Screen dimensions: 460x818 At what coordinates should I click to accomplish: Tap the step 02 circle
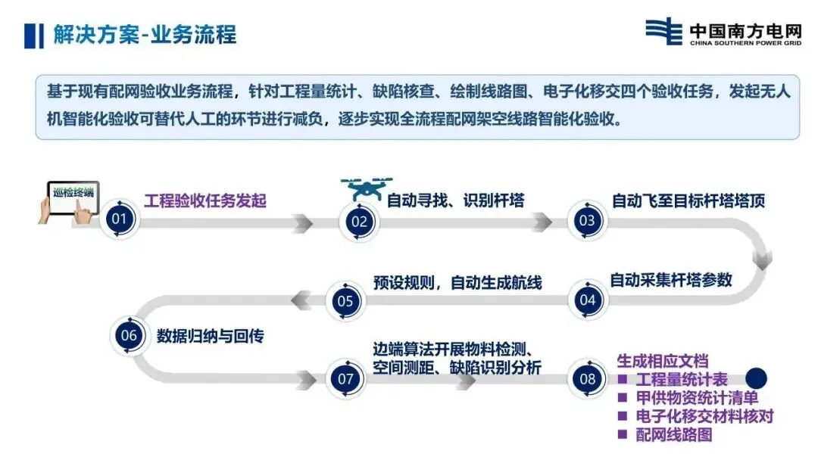[x=359, y=222]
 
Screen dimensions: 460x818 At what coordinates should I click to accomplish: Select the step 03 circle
[x=587, y=221]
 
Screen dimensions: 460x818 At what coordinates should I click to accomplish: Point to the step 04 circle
[x=588, y=300]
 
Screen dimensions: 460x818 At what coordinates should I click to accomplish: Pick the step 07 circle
[x=345, y=379]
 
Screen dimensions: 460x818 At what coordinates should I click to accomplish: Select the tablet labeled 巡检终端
[x=73, y=199]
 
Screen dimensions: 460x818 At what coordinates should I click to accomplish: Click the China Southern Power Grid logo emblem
[x=664, y=32]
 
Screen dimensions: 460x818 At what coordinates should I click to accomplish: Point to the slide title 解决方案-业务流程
[x=144, y=35]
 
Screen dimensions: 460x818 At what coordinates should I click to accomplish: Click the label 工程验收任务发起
[x=205, y=201]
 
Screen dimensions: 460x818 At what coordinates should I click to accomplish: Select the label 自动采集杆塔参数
[x=671, y=280]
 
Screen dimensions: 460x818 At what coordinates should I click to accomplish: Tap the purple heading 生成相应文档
[x=662, y=361]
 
